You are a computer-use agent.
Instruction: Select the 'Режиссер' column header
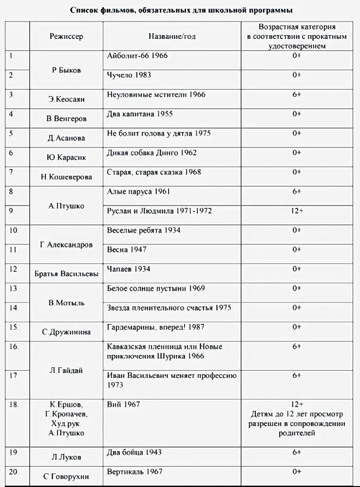pos(66,37)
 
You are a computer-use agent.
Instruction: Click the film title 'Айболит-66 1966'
pos(137,56)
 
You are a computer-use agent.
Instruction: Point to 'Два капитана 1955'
pos(139,114)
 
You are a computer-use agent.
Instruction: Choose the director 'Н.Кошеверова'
pos(66,177)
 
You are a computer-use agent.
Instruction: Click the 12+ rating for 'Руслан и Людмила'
pos(297,211)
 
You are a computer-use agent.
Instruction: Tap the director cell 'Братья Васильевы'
pos(66,274)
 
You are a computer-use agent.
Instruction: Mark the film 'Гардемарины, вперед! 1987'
pos(152,327)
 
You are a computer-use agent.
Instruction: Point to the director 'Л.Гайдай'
pos(66,371)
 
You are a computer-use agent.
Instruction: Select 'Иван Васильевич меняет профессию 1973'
pos(171,380)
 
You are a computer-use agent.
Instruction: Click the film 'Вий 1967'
pos(123,405)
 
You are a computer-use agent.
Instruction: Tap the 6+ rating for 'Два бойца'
pos(297,452)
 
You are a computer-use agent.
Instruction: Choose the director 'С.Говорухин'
pos(66,477)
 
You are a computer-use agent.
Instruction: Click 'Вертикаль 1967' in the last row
pos(134,472)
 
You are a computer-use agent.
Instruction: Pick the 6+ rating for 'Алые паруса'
pos(297,191)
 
